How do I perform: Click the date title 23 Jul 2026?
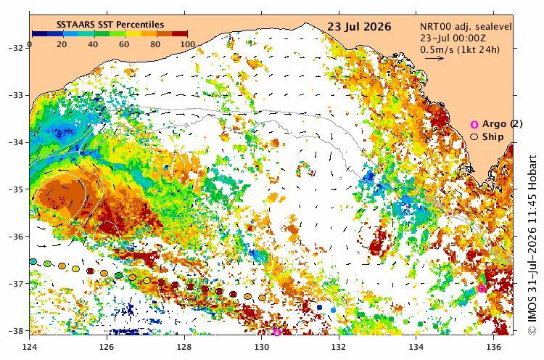point(359,27)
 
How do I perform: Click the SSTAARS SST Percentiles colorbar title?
point(110,24)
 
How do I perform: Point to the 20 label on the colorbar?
point(62,44)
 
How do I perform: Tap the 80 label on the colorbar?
point(155,44)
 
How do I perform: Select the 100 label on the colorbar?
point(188,44)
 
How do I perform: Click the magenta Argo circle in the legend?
point(474,125)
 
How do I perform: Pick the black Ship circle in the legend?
point(474,137)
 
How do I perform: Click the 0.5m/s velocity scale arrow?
point(434,58)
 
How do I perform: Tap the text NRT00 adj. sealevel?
point(466,27)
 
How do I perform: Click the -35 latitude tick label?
point(16,189)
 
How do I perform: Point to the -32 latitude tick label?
point(16,48)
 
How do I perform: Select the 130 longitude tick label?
point(262,347)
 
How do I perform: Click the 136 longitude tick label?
point(494,347)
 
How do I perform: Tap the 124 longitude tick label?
point(30,347)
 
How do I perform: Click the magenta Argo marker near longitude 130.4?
point(277,332)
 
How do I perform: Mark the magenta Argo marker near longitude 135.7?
point(481,288)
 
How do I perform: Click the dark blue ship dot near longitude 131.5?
point(320,307)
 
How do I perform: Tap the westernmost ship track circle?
point(33,261)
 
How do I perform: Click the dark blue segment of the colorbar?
point(40,33)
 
